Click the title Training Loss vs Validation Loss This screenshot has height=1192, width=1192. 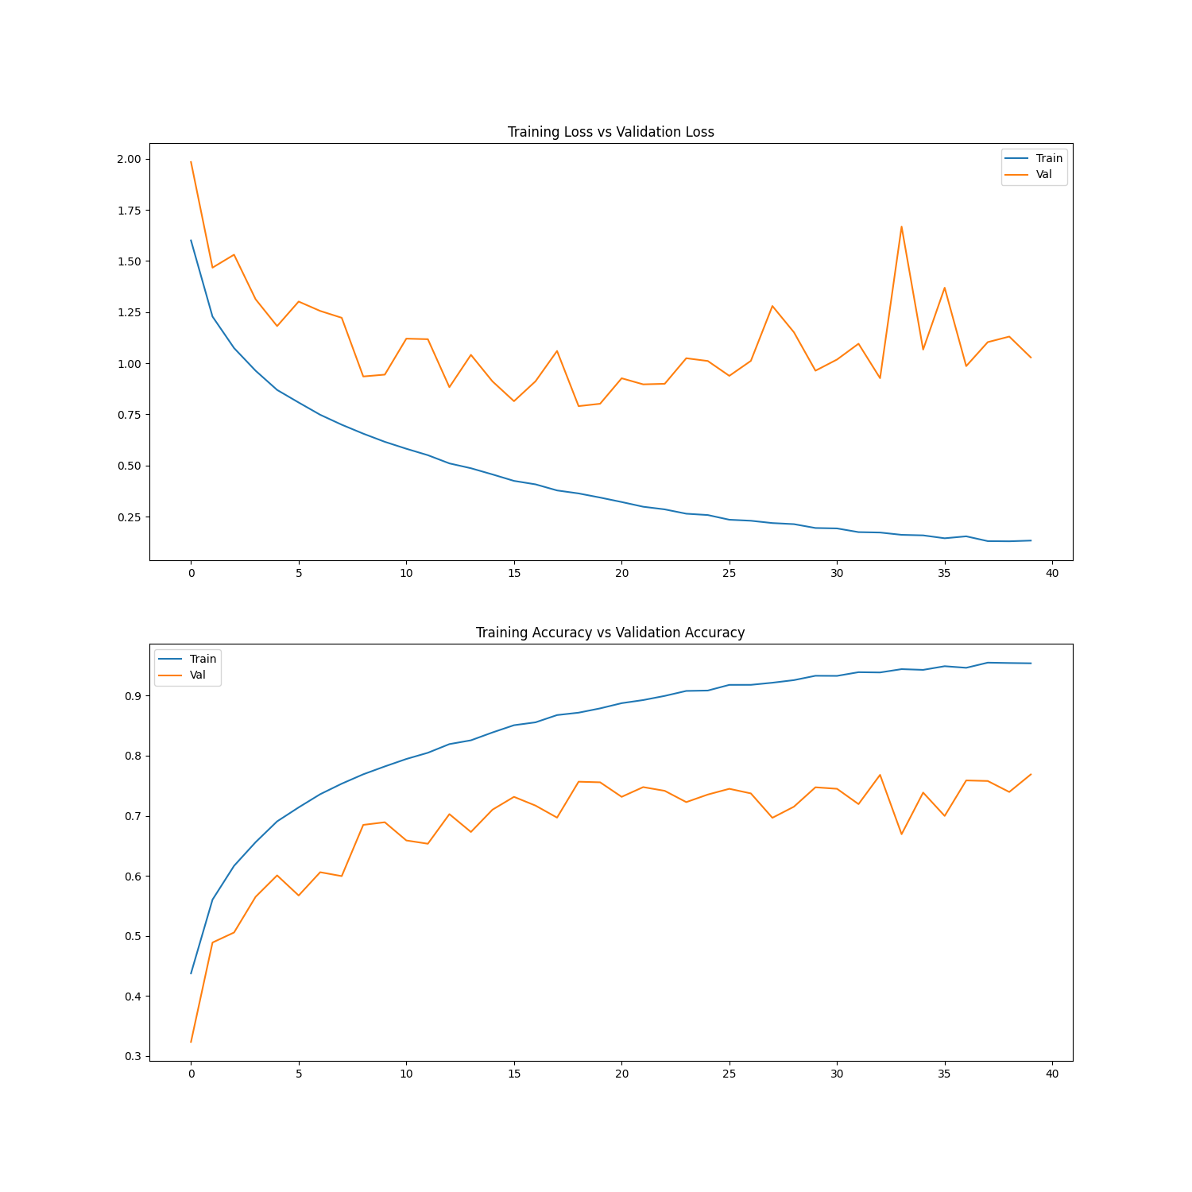click(x=610, y=132)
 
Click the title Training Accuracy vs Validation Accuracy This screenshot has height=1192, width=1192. click(x=610, y=633)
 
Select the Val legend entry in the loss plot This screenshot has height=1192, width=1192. click(x=1043, y=174)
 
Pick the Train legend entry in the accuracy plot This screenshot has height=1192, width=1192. click(x=203, y=659)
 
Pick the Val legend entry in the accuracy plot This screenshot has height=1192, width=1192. click(x=197, y=675)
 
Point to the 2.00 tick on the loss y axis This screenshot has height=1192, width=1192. click(x=129, y=159)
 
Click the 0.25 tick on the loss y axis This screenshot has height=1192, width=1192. click(x=129, y=517)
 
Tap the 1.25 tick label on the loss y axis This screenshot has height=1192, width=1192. click(x=129, y=312)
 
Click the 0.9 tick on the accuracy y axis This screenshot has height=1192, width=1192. click(x=132, y=696)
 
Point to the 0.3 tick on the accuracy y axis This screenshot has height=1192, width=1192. click(x=132, y=1056)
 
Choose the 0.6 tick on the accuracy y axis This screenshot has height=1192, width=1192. click(x=132, y=877)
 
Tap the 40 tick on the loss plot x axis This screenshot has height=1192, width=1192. click(x=1052, y=573)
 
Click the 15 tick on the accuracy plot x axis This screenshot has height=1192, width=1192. click(x=514, y=1074)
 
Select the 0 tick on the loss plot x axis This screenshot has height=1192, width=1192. click(x=191, y=573)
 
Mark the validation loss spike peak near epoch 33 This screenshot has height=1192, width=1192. click(x=901, y=226)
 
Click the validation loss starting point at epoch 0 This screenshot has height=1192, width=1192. click(x=191, y=162)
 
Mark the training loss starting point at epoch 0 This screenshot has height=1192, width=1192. click(x=191, y=240)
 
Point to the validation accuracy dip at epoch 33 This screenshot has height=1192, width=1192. click(x=901, y=834)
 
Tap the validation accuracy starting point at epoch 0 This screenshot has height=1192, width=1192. click(x=191, y=1041)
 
